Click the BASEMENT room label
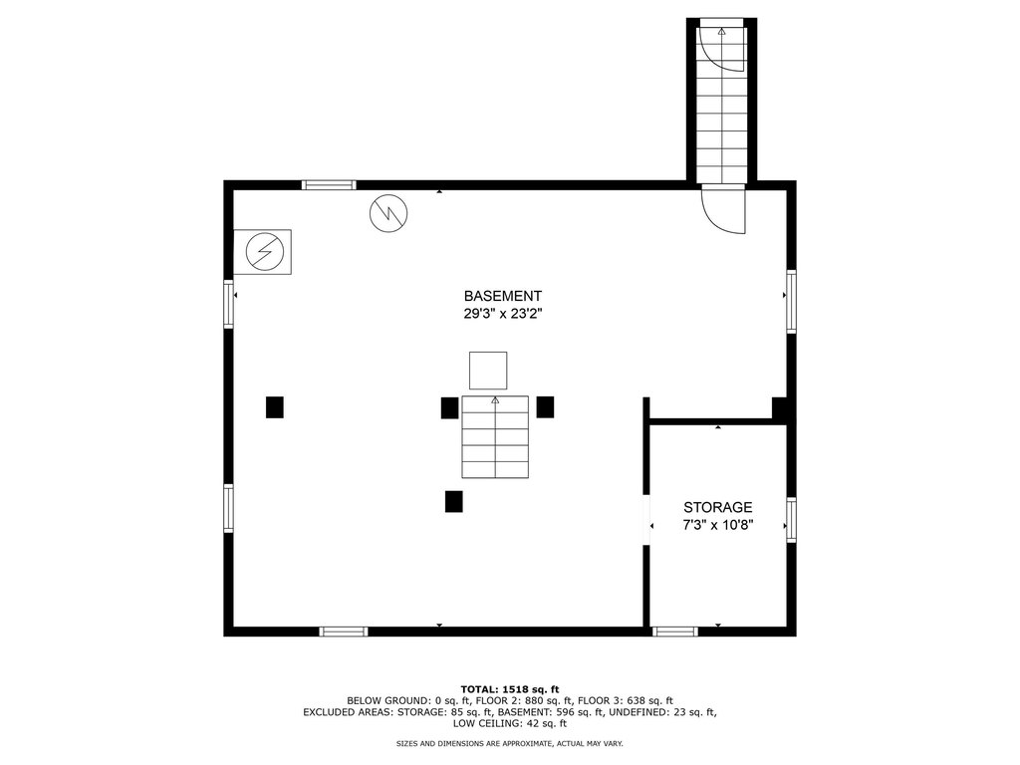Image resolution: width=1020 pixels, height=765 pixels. click(502, 296)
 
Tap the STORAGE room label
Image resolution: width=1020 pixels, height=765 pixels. click(717, 507)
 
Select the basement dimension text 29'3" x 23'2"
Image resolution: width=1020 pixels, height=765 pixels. click(502, 314)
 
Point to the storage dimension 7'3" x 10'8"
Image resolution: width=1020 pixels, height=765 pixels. click(717, 525)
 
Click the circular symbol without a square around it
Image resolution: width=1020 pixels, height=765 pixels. click(388, 213)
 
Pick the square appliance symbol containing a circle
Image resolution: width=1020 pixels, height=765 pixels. click(263, 252)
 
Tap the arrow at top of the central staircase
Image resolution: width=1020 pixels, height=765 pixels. click(495, 400)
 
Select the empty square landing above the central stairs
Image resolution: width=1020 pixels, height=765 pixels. click(488, 371)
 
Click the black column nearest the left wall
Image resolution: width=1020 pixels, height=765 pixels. click(275, 407)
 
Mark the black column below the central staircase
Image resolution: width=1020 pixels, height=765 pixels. click(454, 502)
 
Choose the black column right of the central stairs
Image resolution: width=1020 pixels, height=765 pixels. click(545, 407)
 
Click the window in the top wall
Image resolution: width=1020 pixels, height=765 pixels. click(329, 185)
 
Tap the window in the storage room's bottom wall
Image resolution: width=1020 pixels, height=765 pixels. click(675, 631)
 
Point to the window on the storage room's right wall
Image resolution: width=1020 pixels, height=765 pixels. click(791, 520)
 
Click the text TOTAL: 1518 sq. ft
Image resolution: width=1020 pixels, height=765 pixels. click(510, 689)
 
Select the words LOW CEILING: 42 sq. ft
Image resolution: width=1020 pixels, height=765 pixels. click(510, 723)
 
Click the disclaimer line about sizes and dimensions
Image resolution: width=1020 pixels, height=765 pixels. click(510, 743)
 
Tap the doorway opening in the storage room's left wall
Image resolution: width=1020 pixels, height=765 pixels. click(646, 519)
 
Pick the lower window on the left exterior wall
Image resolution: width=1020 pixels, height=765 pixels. click(228, 508)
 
